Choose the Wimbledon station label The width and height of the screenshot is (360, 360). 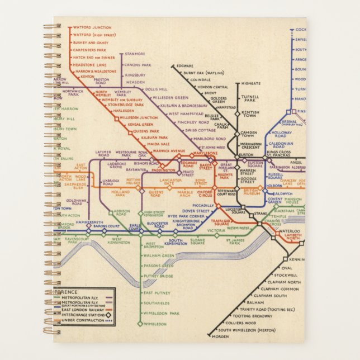click(x=155, y=324)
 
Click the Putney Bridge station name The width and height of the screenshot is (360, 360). click(x=158, y=276)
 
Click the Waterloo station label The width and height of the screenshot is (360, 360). click(x=290, y=231)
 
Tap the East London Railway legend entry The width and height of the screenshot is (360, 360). click(x=83, y=309)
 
